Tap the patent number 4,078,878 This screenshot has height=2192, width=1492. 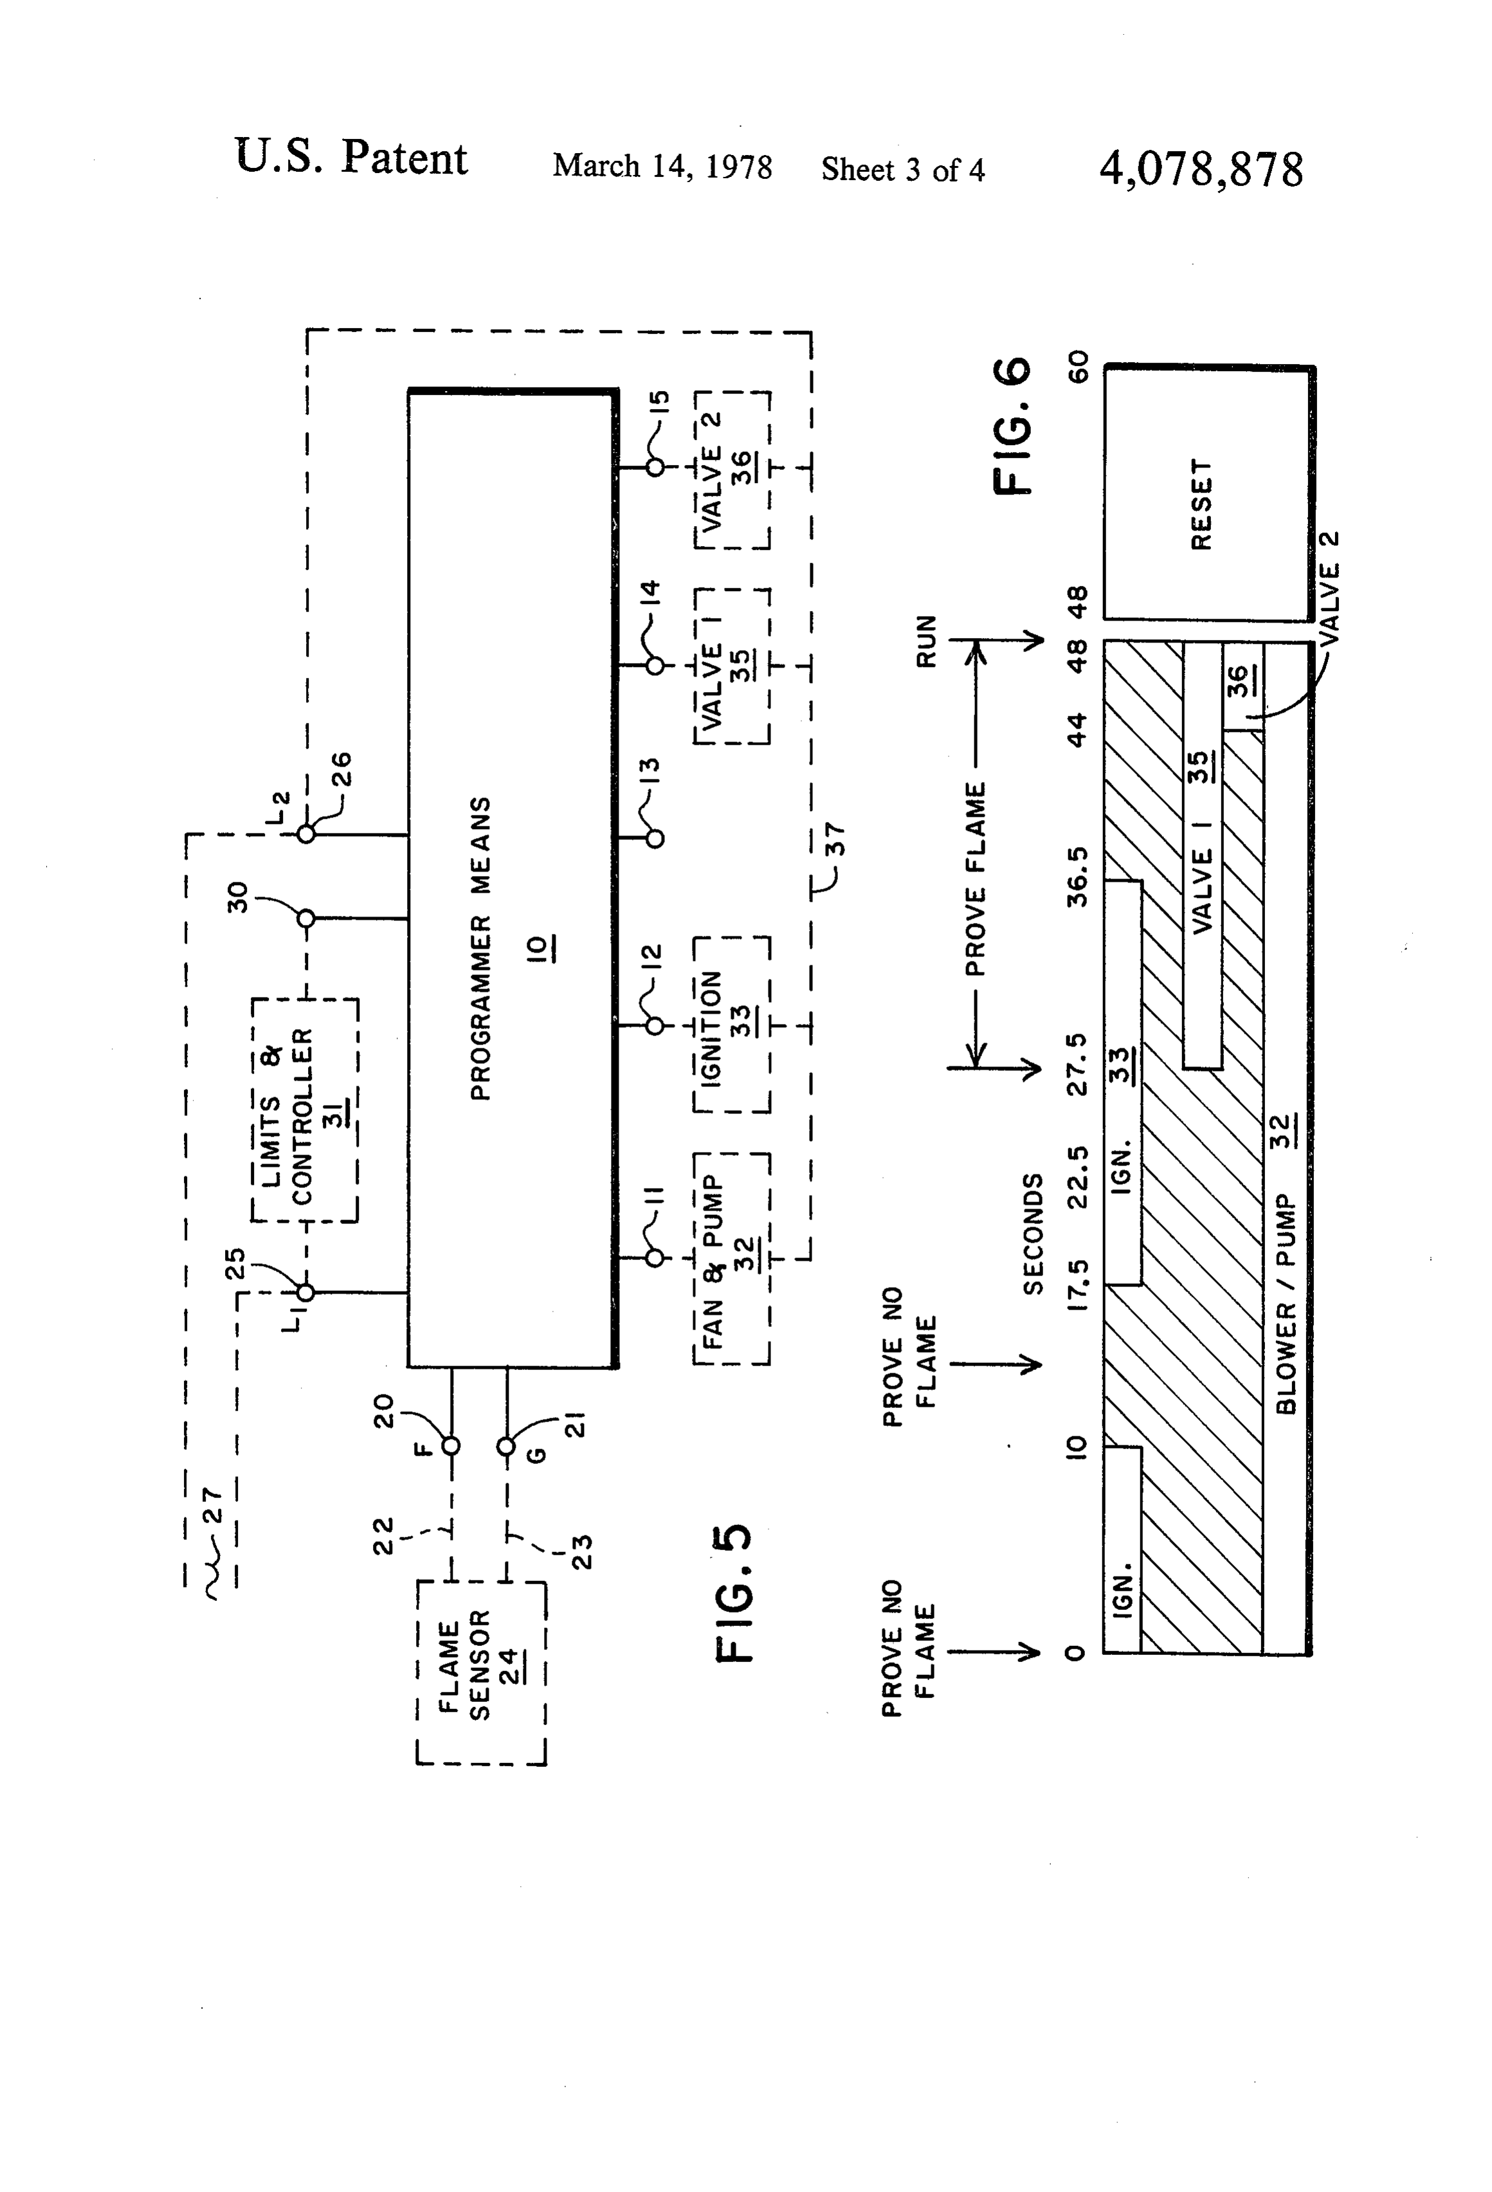[x=1201, y=170]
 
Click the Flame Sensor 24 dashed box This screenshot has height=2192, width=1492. [x=481, y=1672]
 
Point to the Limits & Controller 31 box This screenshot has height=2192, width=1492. [x=305, y=1110]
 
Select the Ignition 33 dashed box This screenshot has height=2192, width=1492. [x=732, y=1025]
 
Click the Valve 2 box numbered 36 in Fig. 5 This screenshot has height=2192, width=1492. [x=732, y=469]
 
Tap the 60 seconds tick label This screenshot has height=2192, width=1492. [x=1077, y=366]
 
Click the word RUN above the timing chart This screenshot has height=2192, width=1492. [x=927, y=641]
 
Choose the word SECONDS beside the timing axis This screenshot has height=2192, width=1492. [x=1033, y=1234]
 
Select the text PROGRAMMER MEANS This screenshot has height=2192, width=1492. [x=481, y=949]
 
